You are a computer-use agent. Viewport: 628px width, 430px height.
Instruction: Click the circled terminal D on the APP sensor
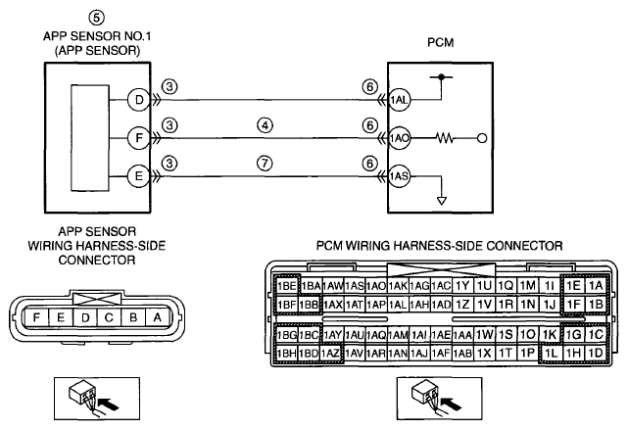point(138,100)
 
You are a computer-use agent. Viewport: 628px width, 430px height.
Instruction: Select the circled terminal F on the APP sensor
point(138,138)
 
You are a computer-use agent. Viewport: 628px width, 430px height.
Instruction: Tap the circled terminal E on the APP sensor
point(138,176)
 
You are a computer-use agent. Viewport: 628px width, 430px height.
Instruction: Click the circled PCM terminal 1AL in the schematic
point(399,100)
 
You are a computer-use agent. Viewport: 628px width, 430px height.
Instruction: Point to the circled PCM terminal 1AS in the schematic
point(399,176)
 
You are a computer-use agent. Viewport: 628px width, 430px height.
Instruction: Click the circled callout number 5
point(97,18)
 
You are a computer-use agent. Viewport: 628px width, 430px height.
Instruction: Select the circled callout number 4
point(265,125)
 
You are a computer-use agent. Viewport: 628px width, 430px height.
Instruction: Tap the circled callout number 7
point(265,164)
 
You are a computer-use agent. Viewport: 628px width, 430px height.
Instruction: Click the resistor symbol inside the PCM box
point(445,138)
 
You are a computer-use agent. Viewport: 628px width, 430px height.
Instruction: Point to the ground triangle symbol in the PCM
point(441,201)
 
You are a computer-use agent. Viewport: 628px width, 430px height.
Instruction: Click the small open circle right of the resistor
point(482,138)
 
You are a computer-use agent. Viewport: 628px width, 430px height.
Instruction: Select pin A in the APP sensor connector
point(158,317)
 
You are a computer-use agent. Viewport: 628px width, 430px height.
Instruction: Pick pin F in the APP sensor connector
point(36,317)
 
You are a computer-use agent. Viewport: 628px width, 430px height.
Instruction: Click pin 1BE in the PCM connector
point(287,286)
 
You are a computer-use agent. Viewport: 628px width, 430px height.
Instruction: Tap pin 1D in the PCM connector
point(596,353)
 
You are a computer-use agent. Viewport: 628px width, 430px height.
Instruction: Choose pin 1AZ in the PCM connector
point(331,353)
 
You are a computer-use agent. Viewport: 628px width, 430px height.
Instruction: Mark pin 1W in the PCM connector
point(484,334)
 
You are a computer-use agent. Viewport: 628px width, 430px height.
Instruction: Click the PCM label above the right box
point(441,42)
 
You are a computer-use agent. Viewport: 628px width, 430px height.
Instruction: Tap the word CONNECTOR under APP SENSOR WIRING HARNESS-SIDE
point(97,261)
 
